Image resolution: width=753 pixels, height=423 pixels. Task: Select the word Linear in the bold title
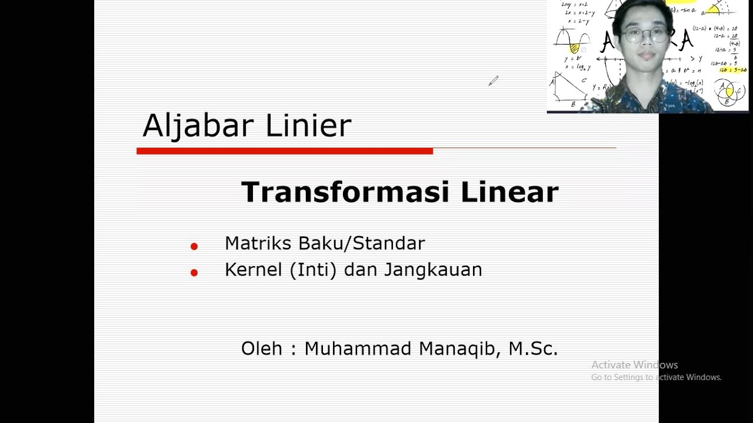(x=509, y=192)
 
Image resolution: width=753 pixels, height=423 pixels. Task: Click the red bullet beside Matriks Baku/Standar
(x=194, y=246)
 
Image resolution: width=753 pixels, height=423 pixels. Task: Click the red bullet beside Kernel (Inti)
(x=194, y=272)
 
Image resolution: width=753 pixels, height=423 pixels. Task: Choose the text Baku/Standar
(x=362, y=243)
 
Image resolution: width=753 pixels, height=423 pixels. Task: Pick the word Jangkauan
(x=433, y=270)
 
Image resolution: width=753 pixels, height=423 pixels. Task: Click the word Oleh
(x=262, y=348)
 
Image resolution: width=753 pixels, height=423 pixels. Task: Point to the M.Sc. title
(x=533, y=348)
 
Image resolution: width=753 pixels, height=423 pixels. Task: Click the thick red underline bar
(x=285, y=151)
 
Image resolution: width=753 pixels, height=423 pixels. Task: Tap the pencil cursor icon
(x=493, y=81)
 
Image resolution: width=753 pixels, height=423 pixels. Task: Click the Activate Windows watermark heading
(x=634, y=365)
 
